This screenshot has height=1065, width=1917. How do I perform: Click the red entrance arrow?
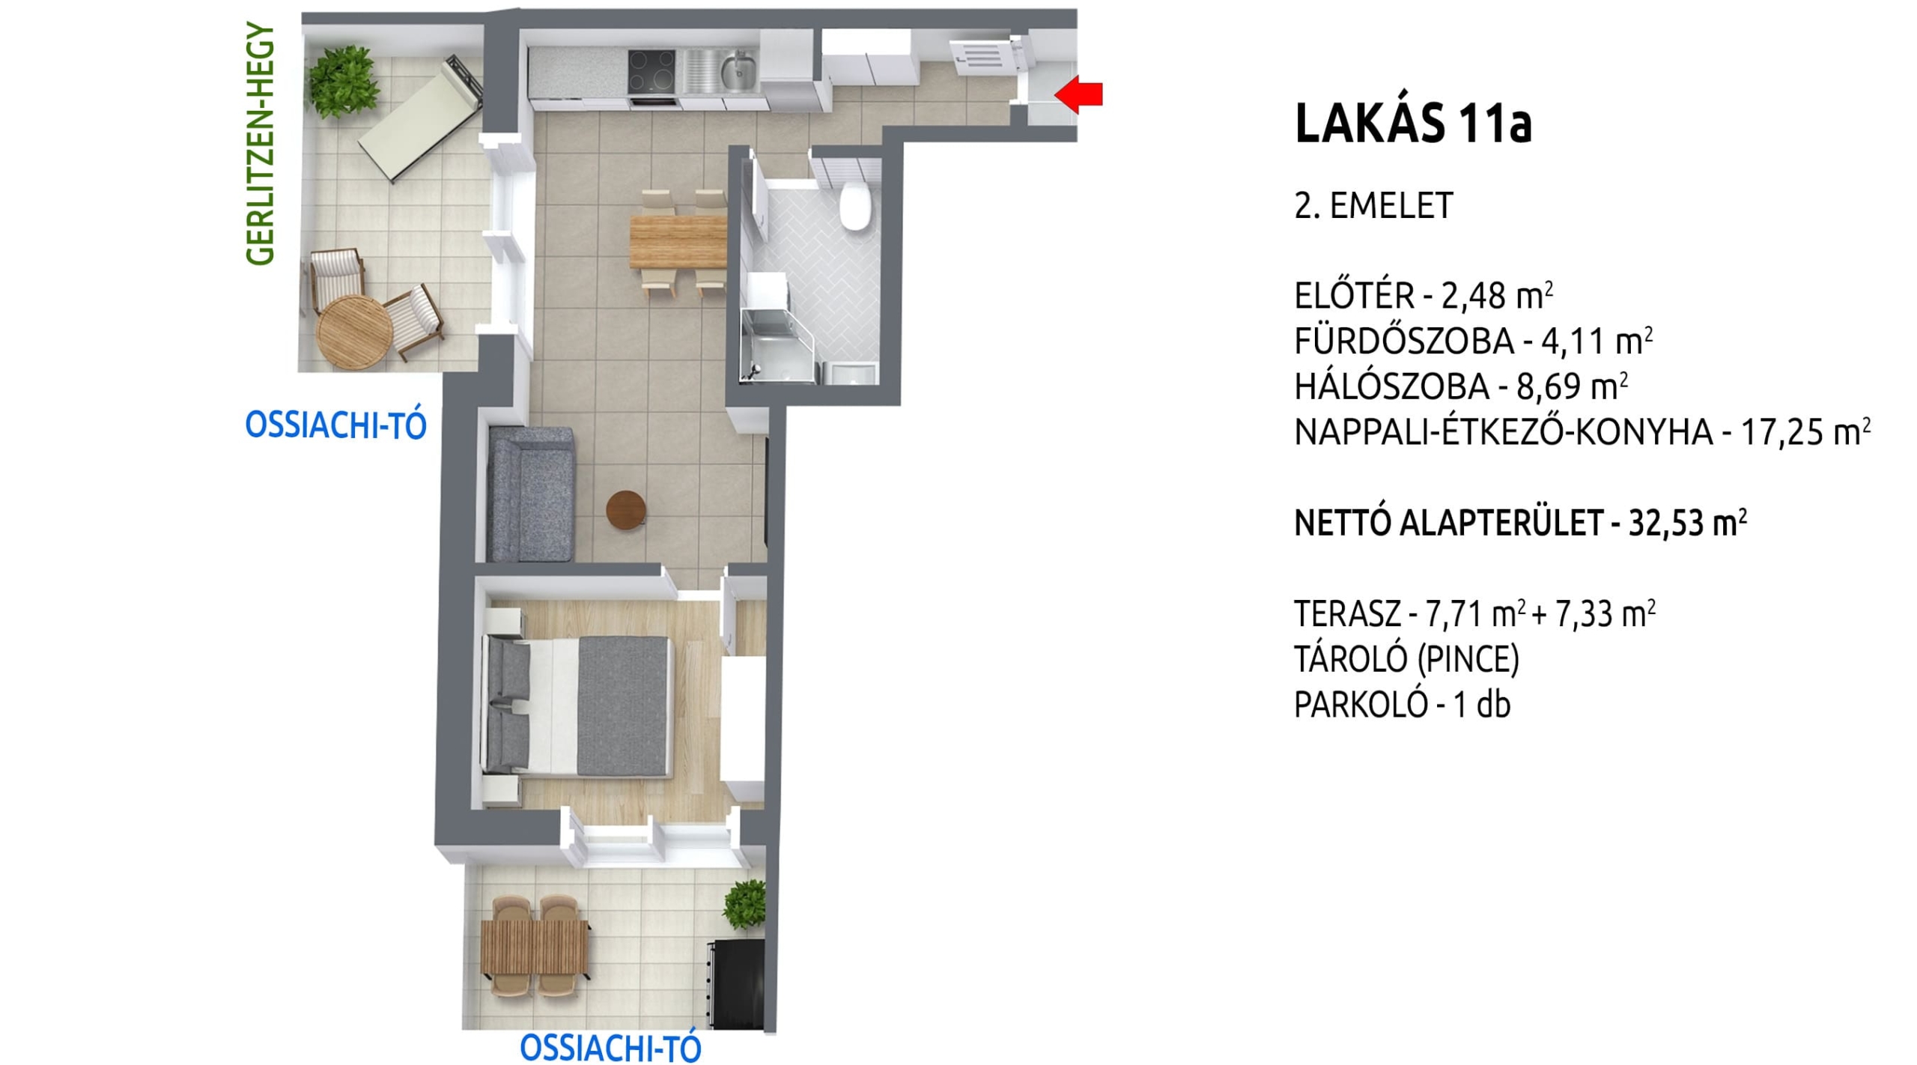pos(1079,94)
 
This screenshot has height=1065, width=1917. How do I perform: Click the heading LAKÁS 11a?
pos(1413,123)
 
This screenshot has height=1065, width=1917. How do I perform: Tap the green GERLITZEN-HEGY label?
pos(261,144)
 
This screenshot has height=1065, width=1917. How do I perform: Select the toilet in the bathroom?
pos(854,206)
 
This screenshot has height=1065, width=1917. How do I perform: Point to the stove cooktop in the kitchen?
pos(651,72)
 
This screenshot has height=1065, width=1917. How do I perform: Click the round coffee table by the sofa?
pos(626,510)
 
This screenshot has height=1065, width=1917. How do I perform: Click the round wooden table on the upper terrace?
pos(354,332)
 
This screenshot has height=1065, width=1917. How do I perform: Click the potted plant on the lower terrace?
pos(746,904)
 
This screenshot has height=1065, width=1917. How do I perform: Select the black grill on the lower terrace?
pos(735,984)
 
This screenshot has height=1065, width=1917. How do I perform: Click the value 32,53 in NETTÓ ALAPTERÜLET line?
pos(1668,524)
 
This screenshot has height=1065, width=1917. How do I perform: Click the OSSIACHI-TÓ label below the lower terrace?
pos(610,1049)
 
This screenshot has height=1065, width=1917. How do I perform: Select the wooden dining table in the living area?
pos(678,241)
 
